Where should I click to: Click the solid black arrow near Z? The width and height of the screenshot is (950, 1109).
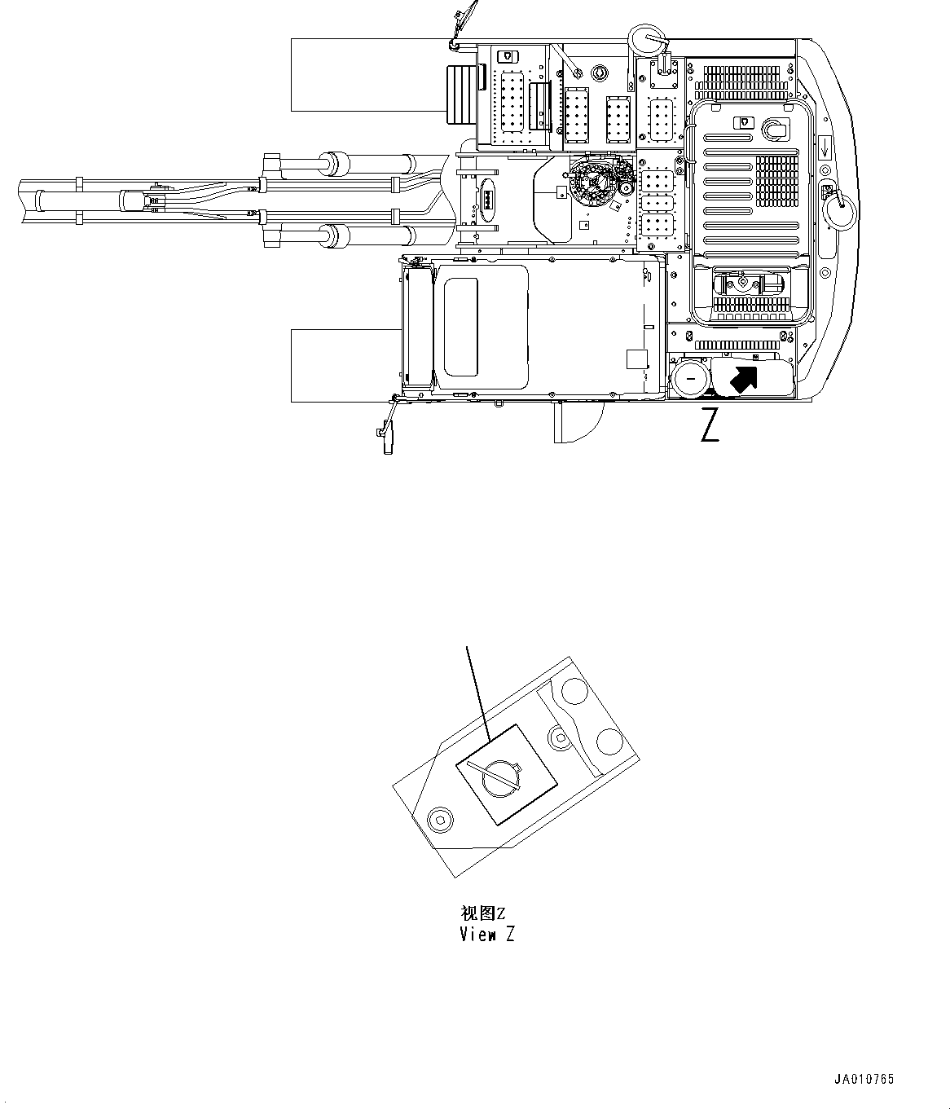click(742, 378)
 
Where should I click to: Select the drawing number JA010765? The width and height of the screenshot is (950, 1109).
click(864, 1080)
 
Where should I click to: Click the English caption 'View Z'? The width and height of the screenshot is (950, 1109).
click(487, 935)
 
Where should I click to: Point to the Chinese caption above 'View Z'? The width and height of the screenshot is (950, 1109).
click(482, 913)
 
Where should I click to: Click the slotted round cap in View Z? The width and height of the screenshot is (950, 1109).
click(503, 778)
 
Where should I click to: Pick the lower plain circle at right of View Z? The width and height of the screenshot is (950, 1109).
click(609, 741)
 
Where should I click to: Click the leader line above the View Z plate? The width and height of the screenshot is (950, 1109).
click(477, 693)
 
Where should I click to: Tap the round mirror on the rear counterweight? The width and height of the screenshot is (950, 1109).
click(838, 210)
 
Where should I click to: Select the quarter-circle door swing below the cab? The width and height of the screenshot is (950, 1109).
click(579, 425)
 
